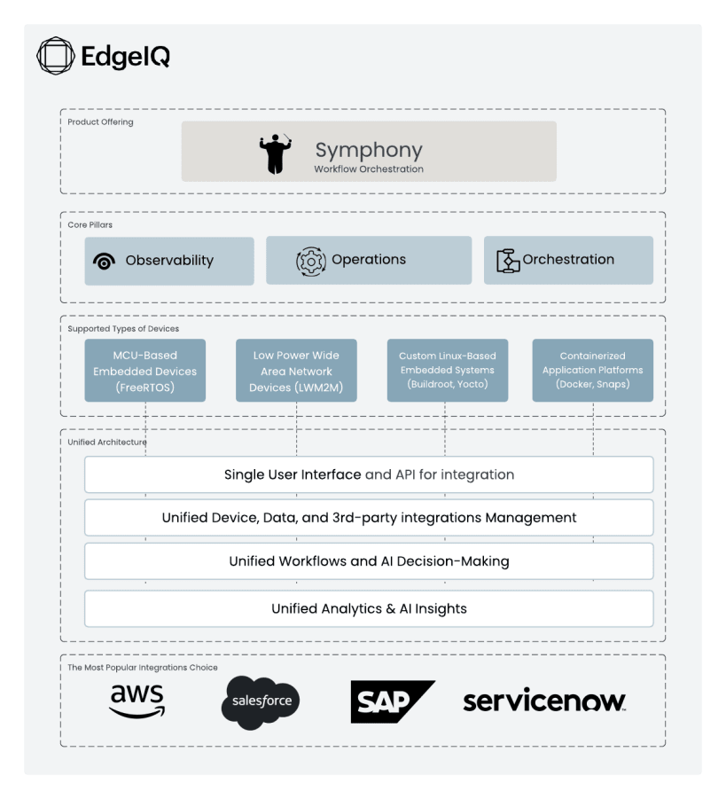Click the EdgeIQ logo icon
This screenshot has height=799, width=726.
coord(54,56)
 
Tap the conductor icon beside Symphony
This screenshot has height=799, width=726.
coord(275,153)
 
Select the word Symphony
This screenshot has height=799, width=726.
coord(369,150)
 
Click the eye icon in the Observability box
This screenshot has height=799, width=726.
coord(105,261)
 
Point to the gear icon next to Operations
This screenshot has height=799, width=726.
coord(310,261)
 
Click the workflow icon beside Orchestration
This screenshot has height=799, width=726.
coord(508,261)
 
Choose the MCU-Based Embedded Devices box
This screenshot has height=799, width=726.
coord(145,371)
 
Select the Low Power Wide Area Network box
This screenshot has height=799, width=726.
coord(296,371)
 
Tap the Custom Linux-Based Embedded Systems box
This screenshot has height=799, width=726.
coord(448,370)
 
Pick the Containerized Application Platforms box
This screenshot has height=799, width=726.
coord(592,370)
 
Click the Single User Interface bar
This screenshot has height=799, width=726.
coord(369,474)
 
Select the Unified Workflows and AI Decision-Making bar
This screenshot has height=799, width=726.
coord(369,561)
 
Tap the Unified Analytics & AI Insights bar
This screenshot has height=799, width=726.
coord(369,608)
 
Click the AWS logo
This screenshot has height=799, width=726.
coord(137,701)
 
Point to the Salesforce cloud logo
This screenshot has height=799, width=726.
coord(261,701)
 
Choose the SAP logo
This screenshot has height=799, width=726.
coord(391,701)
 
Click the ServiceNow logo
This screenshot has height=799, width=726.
coord(543,701)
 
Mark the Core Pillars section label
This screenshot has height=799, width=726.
coord(90,225)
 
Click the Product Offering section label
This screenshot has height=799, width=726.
coord(100,122)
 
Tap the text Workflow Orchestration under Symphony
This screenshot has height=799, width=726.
coord(369,169)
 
